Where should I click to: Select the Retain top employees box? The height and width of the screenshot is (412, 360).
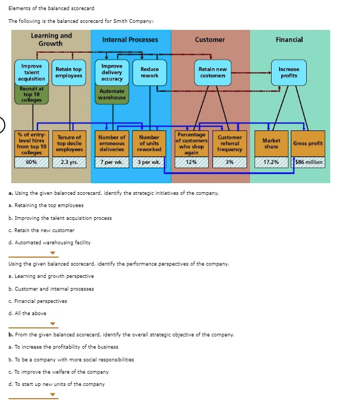[69, 72]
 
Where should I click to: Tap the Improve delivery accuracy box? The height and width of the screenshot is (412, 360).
[112, 72]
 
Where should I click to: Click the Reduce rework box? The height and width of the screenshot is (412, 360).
[150, 72]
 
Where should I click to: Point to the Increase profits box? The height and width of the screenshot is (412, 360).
[289, 72]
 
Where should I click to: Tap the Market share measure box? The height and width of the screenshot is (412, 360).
[271, 143]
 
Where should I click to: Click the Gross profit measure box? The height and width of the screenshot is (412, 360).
[308, 143]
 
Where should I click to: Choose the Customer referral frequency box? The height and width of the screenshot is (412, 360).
[230, 143]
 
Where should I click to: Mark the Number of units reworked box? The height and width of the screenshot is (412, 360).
[149, 143]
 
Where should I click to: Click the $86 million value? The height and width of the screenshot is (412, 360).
[308, 162]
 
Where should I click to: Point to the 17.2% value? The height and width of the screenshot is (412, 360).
[271, 162]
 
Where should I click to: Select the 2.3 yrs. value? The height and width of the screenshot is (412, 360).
[69, 162]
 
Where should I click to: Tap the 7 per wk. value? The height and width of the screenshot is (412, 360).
[112, 162]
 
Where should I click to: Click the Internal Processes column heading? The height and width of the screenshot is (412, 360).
[130, 40]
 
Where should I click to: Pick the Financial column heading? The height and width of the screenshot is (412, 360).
[289, 40]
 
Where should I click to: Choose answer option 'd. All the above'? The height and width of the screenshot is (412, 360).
[27, 313]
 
